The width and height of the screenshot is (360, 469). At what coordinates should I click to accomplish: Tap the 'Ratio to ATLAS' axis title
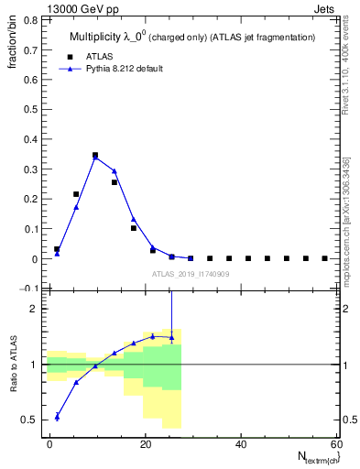pos(13,365)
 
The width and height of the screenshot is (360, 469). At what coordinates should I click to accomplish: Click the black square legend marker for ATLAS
pos(67,56)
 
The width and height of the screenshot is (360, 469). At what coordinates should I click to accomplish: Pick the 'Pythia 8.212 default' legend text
pos(120,69)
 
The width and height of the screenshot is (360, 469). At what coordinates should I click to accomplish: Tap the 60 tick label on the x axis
pos(336,444)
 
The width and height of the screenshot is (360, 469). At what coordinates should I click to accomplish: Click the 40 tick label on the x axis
pos(241,444)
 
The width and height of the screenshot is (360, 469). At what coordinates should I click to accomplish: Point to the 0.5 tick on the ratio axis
pos(32,420)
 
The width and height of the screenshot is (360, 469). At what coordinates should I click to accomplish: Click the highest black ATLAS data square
pos(95,156)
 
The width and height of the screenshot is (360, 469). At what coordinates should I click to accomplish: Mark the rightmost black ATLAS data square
pos(324,258)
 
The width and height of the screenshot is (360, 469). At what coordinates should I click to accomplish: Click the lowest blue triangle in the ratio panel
pos(57,416)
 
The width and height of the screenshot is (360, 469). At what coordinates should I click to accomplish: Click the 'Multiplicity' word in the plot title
pos(96,37)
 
